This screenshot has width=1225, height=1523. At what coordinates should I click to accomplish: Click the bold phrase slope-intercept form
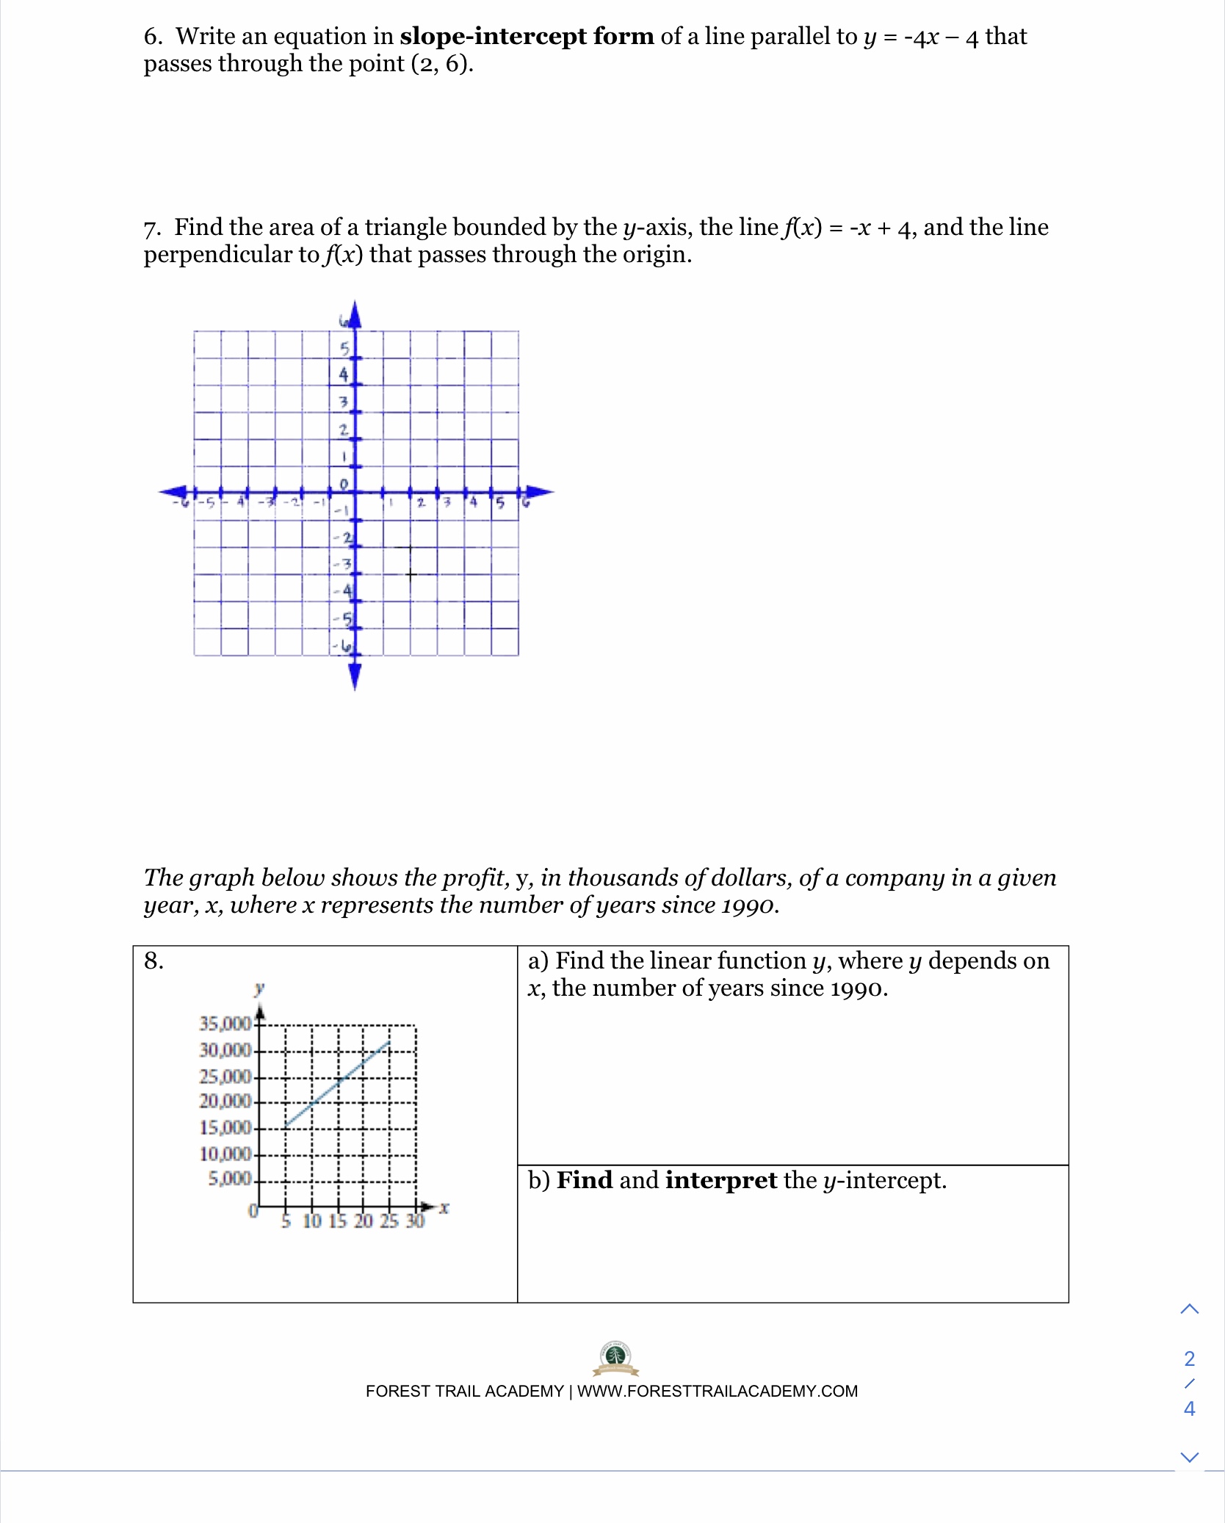point(527,36)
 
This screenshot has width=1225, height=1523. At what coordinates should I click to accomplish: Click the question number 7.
point(151,228)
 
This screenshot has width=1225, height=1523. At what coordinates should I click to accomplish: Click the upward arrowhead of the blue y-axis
point(355,314)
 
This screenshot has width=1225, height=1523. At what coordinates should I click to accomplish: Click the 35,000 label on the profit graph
point(225,1023)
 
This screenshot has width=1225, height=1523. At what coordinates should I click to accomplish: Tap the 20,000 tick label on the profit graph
point(225,1101)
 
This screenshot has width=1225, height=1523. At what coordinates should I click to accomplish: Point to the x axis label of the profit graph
point(444,1207)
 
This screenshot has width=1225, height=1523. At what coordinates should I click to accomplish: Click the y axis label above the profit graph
point(259,988)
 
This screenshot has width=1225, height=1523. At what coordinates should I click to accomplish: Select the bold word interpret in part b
point(720,1180)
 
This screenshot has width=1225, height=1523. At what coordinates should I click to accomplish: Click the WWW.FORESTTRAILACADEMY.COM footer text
point(717,1392)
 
